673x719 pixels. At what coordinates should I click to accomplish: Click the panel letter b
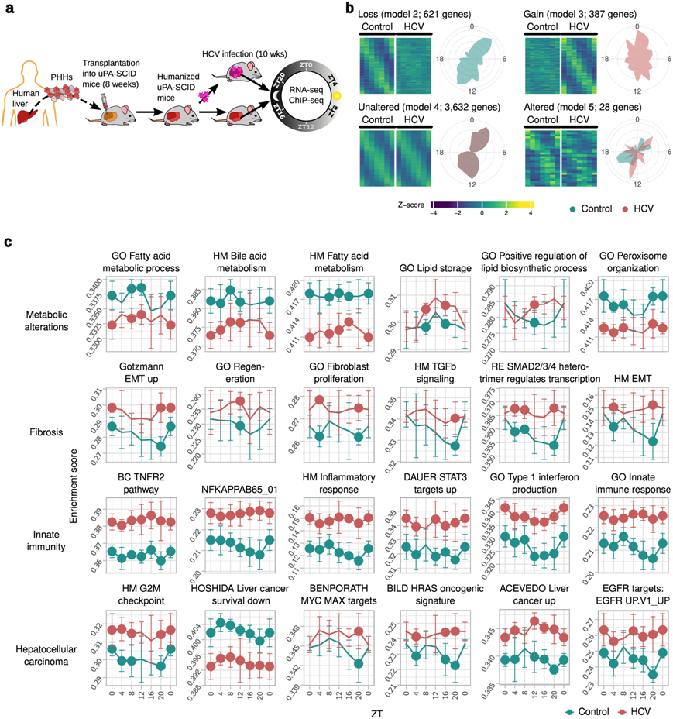pos(351,9)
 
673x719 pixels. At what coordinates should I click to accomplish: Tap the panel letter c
pos(9,243)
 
